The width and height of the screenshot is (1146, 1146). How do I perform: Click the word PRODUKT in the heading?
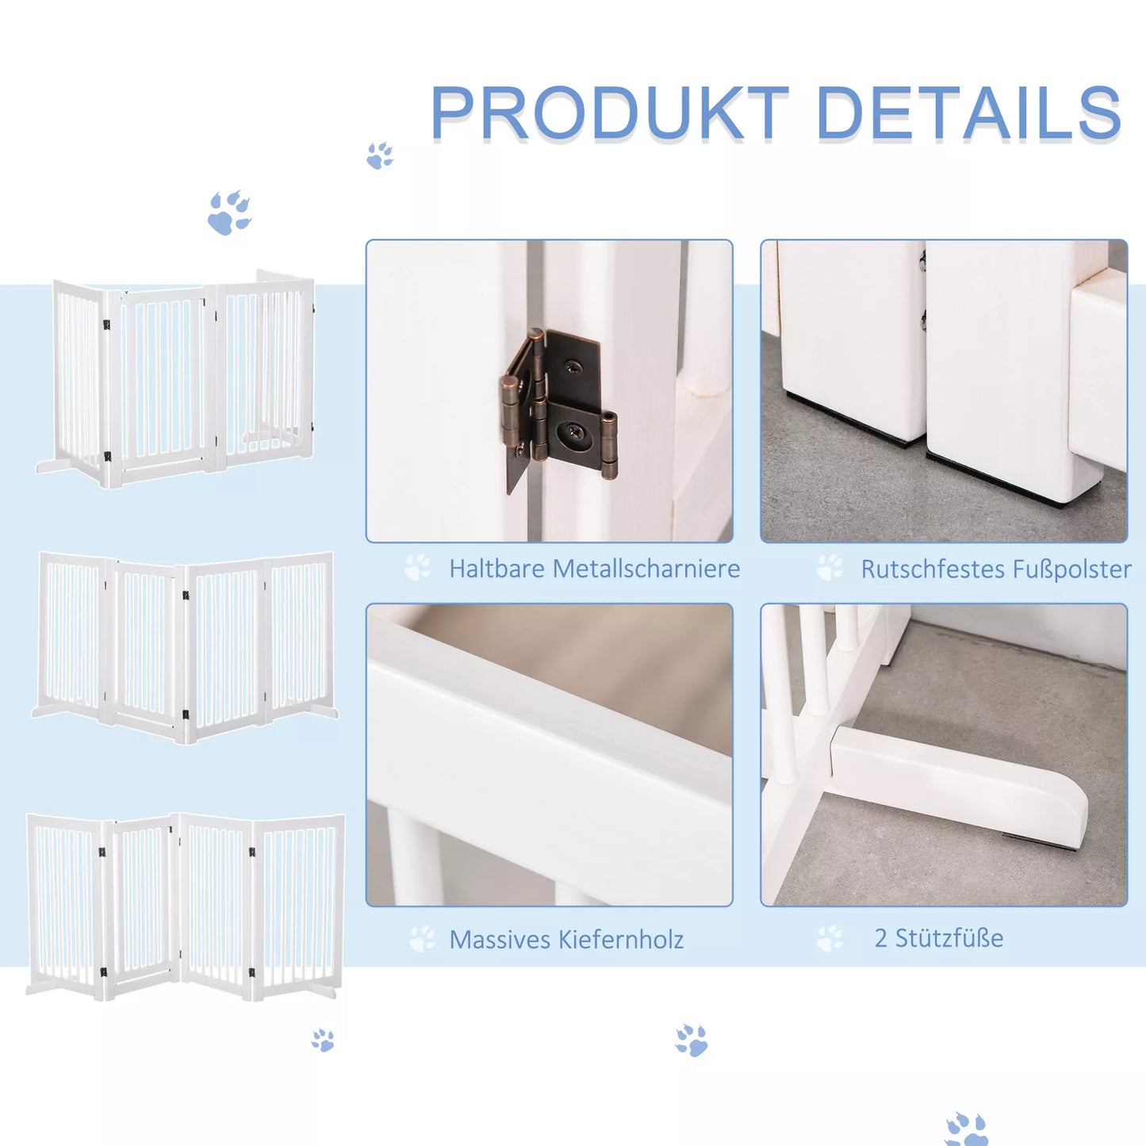609,113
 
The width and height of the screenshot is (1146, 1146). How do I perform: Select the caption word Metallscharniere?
646,569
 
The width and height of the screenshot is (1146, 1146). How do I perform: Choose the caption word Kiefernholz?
621,940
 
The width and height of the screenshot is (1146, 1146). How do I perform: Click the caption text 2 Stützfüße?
939,938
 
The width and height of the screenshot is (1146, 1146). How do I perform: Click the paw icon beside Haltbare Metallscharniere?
417,568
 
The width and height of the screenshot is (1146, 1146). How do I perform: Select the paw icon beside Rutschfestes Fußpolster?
830,568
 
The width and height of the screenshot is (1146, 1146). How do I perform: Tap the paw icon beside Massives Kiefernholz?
422,939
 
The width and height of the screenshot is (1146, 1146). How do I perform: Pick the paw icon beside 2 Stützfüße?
830,938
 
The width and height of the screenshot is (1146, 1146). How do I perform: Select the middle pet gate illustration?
185,646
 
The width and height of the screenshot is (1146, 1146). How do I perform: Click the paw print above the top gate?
228,213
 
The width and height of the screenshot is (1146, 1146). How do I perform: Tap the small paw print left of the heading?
380,155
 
